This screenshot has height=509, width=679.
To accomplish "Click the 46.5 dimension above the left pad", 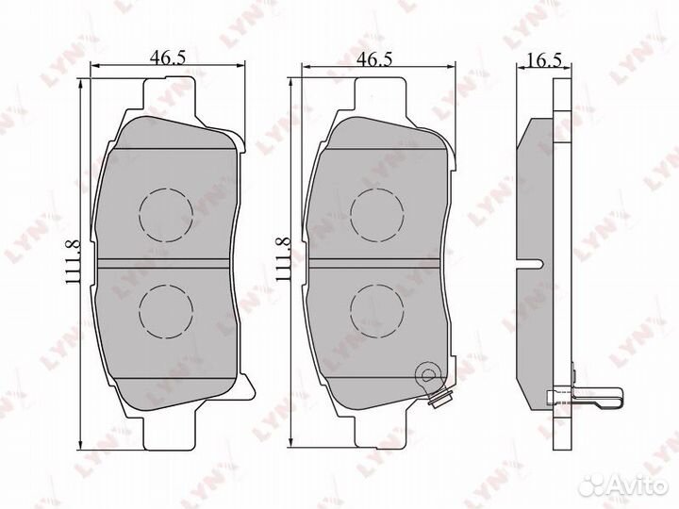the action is click(x=168, y=57).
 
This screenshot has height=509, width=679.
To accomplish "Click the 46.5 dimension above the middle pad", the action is click(x=374, y=58).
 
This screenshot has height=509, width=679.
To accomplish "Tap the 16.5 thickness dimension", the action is click(x=545, y=59).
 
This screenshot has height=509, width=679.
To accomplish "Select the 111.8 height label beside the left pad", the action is click(x=74, y=262).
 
